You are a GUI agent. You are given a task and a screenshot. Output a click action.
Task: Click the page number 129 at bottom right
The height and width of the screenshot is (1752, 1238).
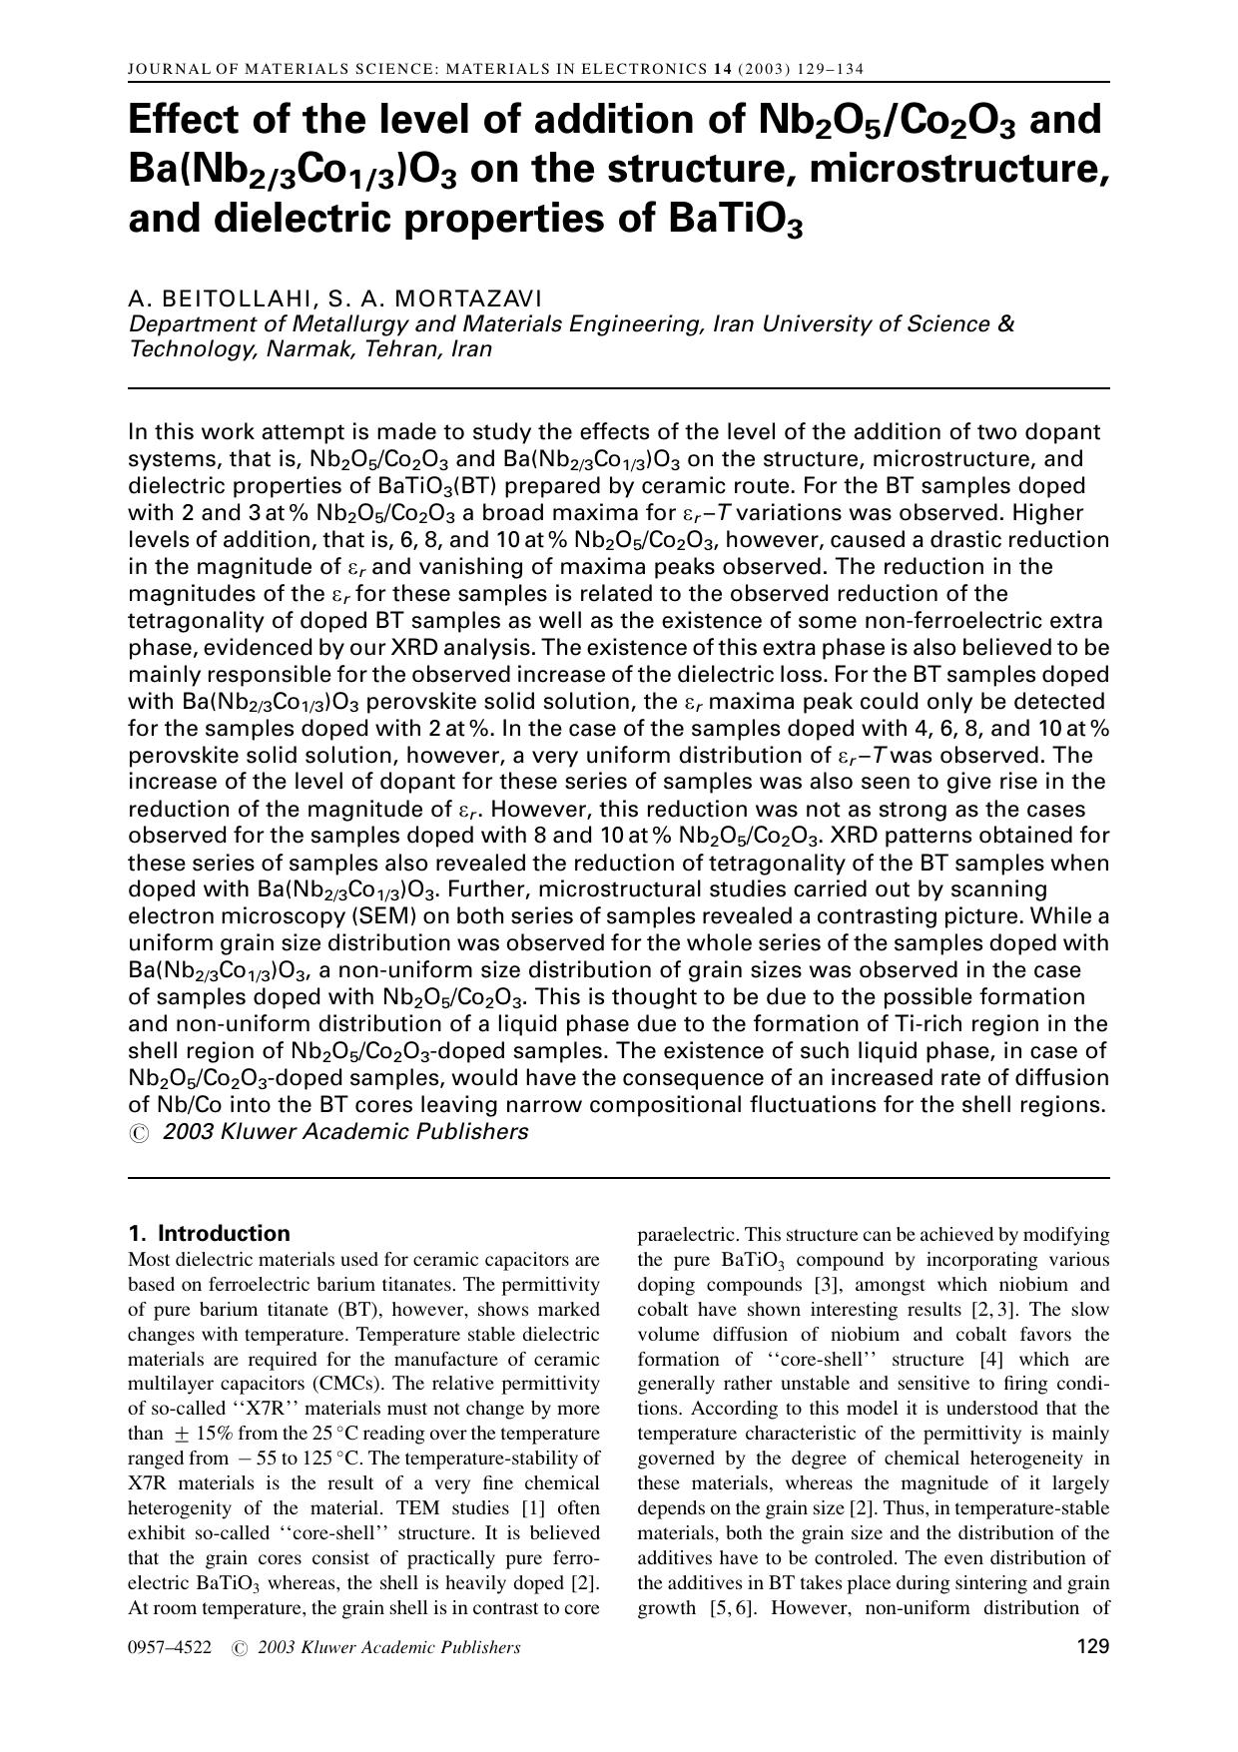coord(1093,1647)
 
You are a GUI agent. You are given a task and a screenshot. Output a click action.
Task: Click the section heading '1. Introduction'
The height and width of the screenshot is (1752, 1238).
coord(210,1233)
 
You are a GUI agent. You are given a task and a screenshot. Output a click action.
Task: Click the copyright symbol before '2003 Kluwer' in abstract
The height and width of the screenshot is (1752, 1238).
coord(139,1133)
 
